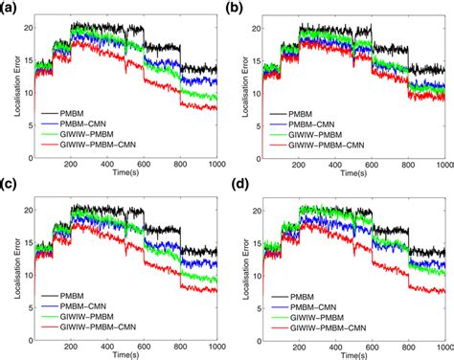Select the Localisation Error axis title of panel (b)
(236, 90)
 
